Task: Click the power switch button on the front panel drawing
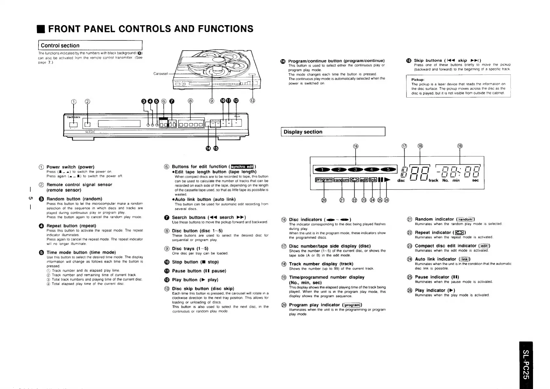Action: point(74,124)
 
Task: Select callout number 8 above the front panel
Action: point(191,101)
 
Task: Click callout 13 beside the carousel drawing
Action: point(252,101)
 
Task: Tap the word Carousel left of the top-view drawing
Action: point(160,73)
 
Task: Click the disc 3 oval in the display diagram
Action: point(356,170)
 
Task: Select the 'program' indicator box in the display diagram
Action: point(324,180)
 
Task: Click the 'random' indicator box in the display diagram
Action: point(341,180)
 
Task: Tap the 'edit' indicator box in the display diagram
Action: point(364,180)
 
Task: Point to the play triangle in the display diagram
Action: point(387,180)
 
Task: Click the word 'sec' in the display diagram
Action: point(475,180)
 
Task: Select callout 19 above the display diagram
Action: point(460,146)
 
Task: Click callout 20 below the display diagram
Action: point(324,200)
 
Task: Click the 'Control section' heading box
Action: point(91,46)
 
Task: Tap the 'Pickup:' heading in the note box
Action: point(418,79)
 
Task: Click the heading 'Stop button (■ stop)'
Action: point(195,262)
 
